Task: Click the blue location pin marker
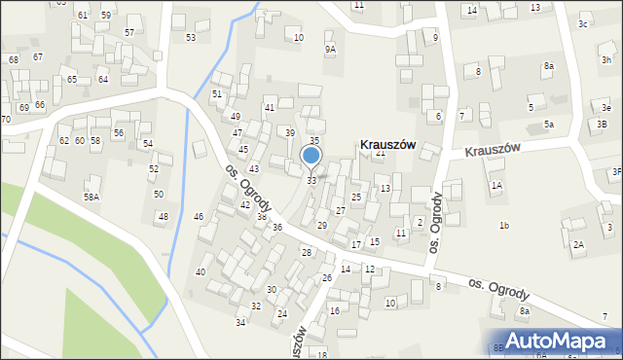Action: click(x=311, y=158)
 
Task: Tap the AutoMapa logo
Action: click(x=564, y=341)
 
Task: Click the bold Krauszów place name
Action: click(x=388, y=144)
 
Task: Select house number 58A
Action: click(x=91, y=197)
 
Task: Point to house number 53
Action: click(x=191, y=37)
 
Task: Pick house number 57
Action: click(x=129, y=32)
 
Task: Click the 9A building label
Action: click(x=331, y=49)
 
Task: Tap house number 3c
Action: click(x=582, y=23)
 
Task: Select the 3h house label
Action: click(x=606, y=60)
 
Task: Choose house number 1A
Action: click(x=496, y=185)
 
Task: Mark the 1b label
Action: click(x=504, y=226)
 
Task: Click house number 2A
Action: click(x=578, y=244)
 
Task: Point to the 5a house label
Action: click(x=549, y=125)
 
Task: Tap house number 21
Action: click(x=381, y=153)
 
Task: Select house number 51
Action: click(x=217, y=93)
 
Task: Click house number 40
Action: click(x=201, y=271)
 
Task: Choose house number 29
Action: click(x=322, y=226)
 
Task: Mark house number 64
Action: click(x=102, y=79)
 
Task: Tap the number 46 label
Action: click(x=199, y=216)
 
